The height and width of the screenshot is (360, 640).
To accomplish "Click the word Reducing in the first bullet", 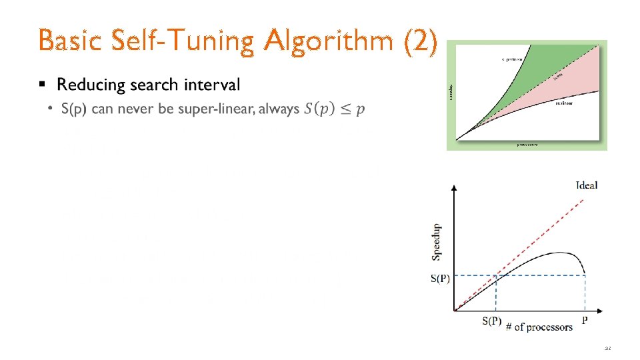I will coord(91,85).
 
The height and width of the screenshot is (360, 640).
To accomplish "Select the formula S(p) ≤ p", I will coord(334,109).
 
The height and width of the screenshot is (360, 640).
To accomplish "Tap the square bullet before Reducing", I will coord(43,85).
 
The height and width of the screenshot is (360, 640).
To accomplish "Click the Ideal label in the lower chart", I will coord(587,185).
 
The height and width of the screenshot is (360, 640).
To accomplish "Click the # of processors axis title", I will coord(539,327).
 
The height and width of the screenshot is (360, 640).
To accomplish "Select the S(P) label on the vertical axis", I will coord(440,279).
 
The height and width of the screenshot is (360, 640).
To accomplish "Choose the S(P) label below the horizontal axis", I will coord(492,321).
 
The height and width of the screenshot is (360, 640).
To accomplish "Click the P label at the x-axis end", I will coord(585,321).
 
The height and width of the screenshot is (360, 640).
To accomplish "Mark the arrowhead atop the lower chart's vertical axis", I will coord(454,188).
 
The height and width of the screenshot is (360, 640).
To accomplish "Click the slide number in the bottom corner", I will coord(607,348).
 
